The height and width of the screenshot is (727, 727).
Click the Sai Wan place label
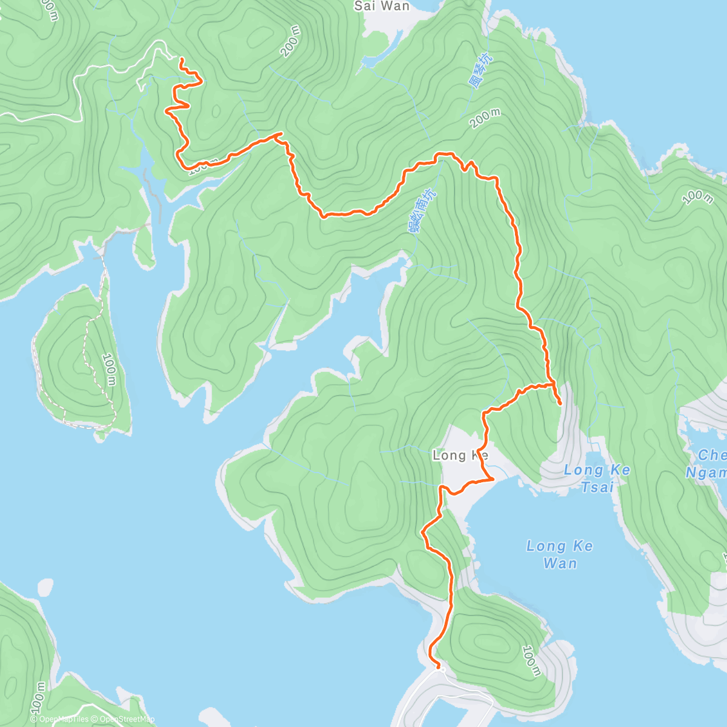point(382,6)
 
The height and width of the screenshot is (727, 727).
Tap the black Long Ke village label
point(459,456)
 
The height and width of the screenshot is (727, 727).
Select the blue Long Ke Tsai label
point(597,478)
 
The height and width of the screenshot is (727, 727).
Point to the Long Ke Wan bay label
point(560,554)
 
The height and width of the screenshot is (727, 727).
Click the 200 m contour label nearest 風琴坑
point(485,119)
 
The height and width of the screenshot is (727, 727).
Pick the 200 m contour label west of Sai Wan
point(291,41)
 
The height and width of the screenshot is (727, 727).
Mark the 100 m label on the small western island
point(109,369)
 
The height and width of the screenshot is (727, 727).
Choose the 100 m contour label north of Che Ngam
point(697,198)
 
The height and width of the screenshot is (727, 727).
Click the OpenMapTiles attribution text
point(59,719)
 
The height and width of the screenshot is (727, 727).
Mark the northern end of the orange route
point(181,58)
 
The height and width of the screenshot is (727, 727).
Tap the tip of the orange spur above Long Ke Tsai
point(560,403)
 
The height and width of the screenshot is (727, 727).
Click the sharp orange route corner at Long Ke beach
point(494,479)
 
